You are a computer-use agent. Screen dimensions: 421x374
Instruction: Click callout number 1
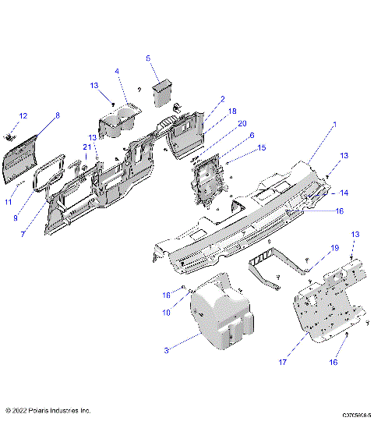334,124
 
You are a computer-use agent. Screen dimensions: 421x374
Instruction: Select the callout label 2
222,99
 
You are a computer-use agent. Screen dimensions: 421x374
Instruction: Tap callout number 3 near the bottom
166,351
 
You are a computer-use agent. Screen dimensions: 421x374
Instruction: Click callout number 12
23,116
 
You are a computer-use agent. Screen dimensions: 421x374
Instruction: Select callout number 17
284,362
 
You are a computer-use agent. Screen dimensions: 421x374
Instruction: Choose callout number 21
86,147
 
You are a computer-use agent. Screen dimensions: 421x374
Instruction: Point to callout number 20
242,123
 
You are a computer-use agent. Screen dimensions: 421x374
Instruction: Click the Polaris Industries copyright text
48,409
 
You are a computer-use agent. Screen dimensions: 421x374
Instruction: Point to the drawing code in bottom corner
355,416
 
